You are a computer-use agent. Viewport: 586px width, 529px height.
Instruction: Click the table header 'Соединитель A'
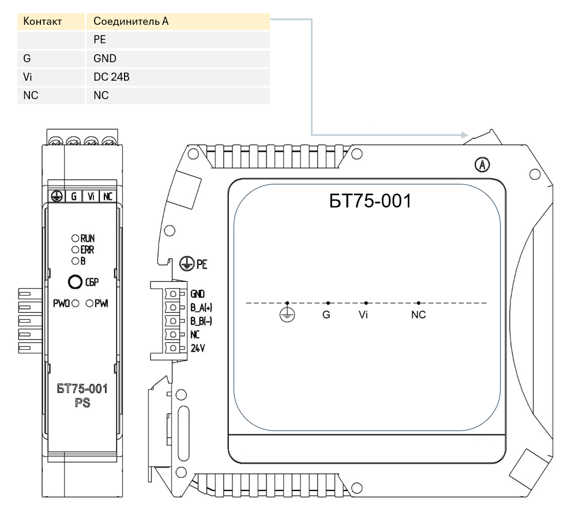click(131, 21)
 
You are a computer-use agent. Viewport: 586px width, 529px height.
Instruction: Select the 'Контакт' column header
click(42, 21)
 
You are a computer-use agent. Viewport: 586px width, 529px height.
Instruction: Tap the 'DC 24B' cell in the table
click(111, 77)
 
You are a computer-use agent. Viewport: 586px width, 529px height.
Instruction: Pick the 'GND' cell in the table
click(105, 58)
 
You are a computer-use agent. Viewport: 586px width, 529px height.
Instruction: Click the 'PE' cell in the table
click(100, 40)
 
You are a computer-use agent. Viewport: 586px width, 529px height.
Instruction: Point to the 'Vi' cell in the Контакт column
click(27, 77)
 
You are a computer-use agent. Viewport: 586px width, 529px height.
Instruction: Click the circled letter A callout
click(482, 165)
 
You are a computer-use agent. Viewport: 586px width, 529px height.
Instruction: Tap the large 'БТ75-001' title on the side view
click(370, 201)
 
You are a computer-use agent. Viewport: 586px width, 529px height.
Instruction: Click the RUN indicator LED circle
click(76, 238)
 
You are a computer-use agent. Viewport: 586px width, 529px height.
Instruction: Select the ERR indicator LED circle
click(76, 250)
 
